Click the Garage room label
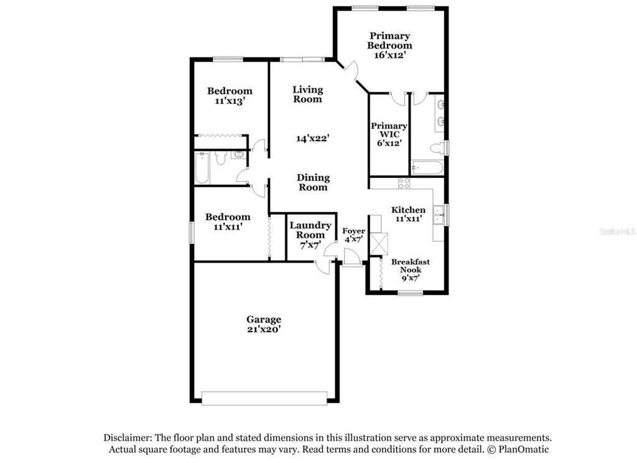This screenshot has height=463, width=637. (x=264, y=319)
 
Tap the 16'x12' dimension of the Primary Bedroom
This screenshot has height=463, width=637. (x=390, y=55)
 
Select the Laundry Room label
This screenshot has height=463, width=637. (x=310, y=230)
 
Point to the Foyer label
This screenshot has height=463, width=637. (x=353, y=231)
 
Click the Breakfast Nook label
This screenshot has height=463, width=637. (x=411, y=266)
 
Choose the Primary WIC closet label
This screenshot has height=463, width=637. (x=389, y=130)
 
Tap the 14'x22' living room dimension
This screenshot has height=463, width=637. (x=312, y=139)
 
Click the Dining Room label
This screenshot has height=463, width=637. (x=313, y=182)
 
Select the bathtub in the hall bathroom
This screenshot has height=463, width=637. (x=202, y=168)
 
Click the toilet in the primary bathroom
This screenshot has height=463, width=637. (x=437, y=148)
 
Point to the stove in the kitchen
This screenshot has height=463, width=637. (x=404, y=184)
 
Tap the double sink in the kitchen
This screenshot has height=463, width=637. (x=439, y=215)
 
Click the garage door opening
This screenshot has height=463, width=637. (x=264, y=398)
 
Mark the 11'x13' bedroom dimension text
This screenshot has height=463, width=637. (x=230, y=101)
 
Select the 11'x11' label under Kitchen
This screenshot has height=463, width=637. (x=408, y=218)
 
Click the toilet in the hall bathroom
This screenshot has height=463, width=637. (x=221, y=157)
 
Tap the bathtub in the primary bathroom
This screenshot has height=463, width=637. (x=427, y=168)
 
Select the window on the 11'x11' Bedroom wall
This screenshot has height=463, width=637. (x=192, y=233)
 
